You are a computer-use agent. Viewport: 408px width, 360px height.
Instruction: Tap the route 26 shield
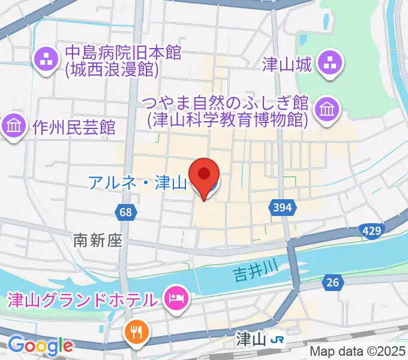(x=332, y=281)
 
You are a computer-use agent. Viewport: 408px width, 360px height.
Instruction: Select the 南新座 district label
(x=98, y=241)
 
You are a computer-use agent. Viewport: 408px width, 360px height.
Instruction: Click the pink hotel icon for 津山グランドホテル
(x=176, y=298)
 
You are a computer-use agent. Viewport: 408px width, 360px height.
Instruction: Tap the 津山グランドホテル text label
(x=82, y=298)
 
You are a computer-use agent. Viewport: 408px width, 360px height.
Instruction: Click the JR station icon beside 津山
(x=277, y=340)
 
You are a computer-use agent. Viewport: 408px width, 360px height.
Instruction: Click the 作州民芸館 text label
(x=74, y=127)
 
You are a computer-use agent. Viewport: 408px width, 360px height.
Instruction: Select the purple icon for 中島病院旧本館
(x=46, y=59)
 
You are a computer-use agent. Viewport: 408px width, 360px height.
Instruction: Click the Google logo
(x=40, y=345)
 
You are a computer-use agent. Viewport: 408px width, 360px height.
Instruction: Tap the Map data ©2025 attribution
(x=358, y=351)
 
